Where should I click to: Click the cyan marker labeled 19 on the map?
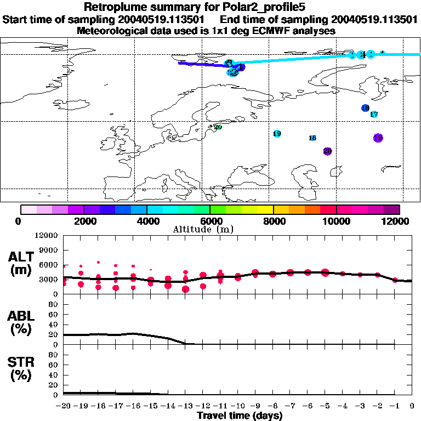tap(277, 134)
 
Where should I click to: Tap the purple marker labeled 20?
tap(327, 151)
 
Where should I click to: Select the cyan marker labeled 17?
tap(374, 115)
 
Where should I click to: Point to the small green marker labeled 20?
tap(218, 127)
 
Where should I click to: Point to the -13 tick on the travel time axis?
tap(184, 407)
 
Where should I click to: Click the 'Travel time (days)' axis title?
tap(240, 416)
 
